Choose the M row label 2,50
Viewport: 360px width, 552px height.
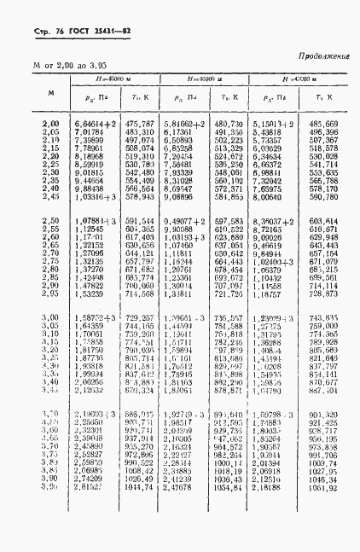tap(50, 220)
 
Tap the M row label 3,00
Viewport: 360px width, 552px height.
tap(50, 317)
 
